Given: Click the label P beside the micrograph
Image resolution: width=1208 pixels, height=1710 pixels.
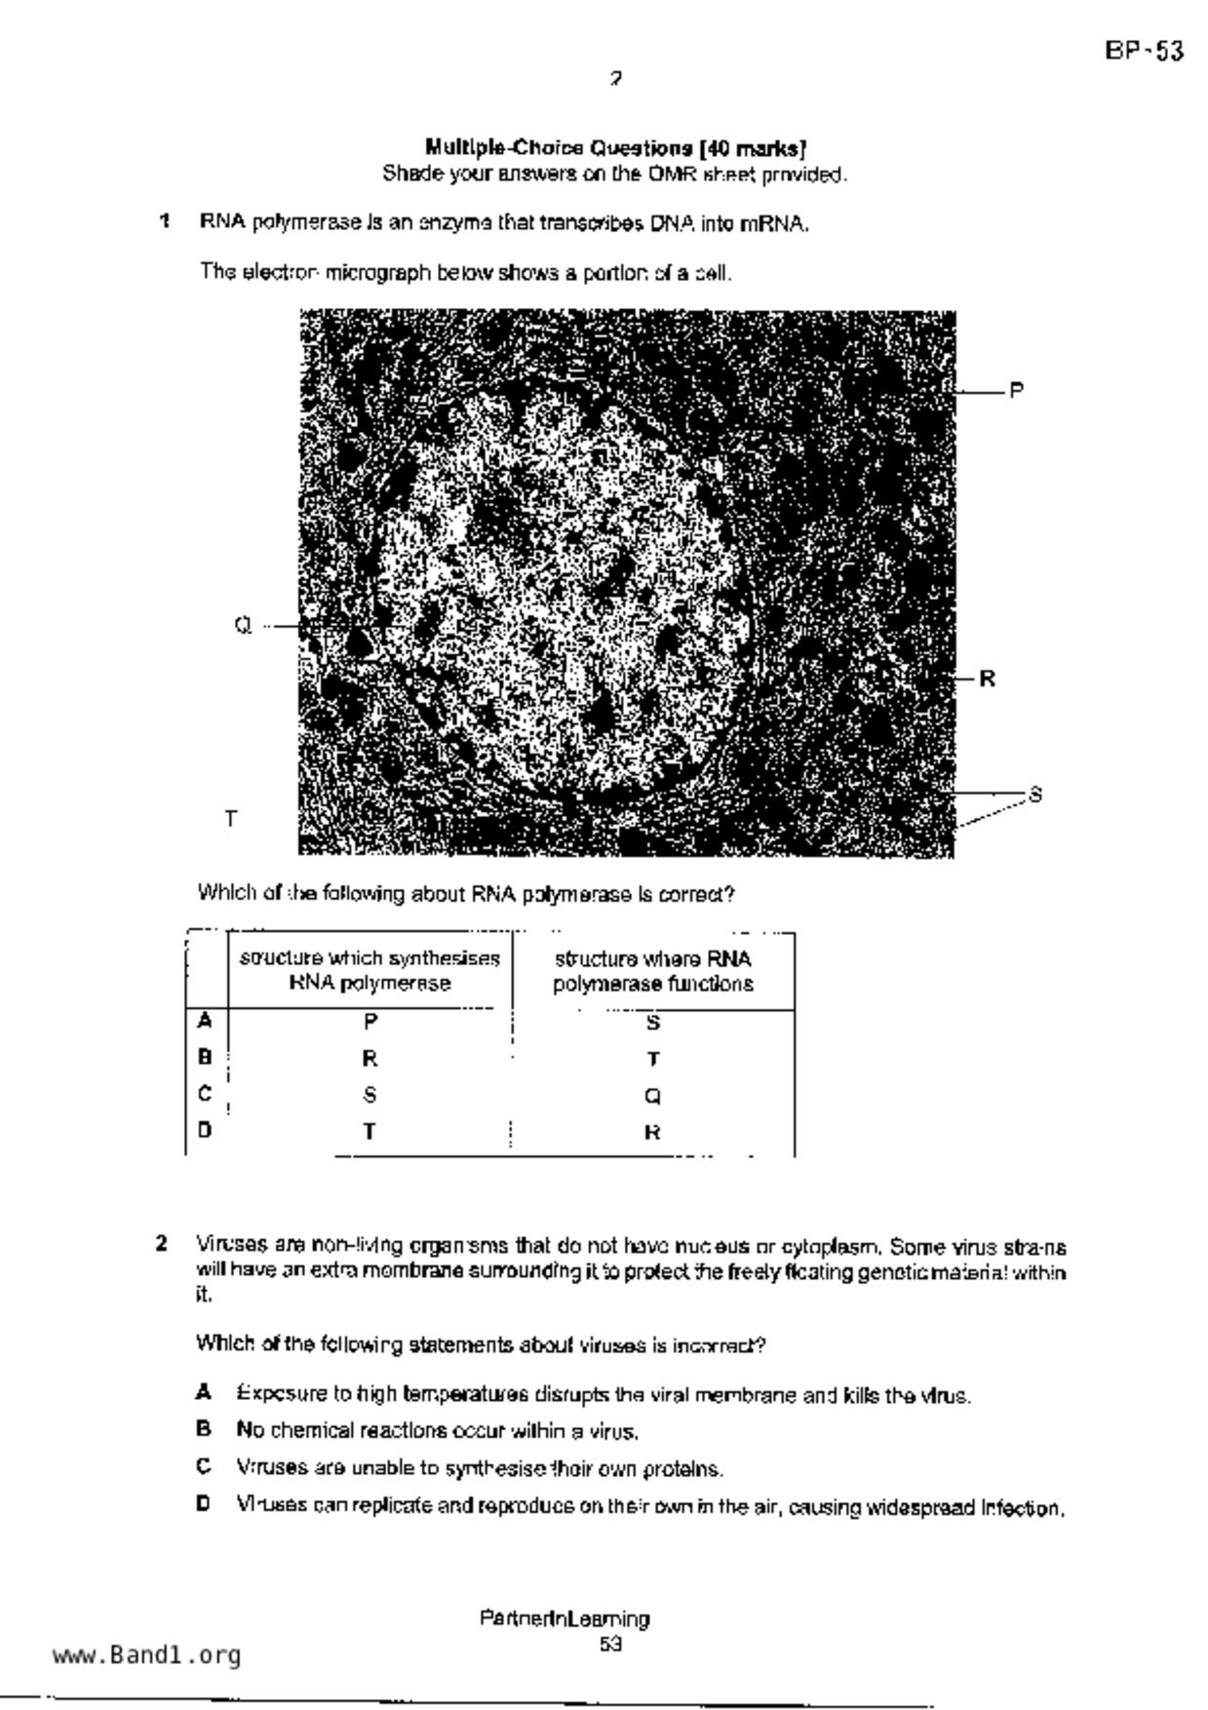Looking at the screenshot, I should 1016,391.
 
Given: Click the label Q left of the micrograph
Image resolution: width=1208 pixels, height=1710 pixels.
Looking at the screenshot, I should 243,626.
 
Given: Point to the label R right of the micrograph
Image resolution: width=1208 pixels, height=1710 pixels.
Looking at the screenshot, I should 988,679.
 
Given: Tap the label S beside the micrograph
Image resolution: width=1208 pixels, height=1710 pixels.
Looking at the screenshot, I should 1035,795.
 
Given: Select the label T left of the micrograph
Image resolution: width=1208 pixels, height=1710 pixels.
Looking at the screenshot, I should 231,819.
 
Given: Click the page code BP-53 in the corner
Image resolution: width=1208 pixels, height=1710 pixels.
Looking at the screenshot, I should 1145,51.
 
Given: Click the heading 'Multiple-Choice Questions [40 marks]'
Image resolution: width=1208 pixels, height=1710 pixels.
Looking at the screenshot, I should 615,148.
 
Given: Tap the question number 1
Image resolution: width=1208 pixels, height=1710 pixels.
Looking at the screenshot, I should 165,222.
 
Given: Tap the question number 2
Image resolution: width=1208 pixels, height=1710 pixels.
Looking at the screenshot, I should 162,1244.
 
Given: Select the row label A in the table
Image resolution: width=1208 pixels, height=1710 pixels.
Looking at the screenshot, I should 204,1021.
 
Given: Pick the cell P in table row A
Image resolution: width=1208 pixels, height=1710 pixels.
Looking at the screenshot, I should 370,1022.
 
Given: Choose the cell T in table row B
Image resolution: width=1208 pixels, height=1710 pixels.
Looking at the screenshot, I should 653,1059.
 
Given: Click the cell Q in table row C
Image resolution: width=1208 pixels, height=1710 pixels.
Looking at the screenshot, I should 653,1096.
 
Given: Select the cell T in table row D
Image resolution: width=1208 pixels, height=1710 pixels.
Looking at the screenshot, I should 370,1132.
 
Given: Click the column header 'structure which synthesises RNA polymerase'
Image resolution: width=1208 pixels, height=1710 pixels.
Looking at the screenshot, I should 370,971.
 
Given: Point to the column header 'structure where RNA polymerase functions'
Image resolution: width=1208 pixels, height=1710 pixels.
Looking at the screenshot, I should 653,971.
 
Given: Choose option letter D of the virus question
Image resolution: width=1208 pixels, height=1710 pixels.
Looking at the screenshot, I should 203,1504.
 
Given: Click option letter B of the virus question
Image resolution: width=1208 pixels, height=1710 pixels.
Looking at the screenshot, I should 203,1430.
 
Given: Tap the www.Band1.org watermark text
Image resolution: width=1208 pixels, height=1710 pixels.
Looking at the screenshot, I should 147,1655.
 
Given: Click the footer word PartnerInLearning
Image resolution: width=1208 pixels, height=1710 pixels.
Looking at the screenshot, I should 565,1619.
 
